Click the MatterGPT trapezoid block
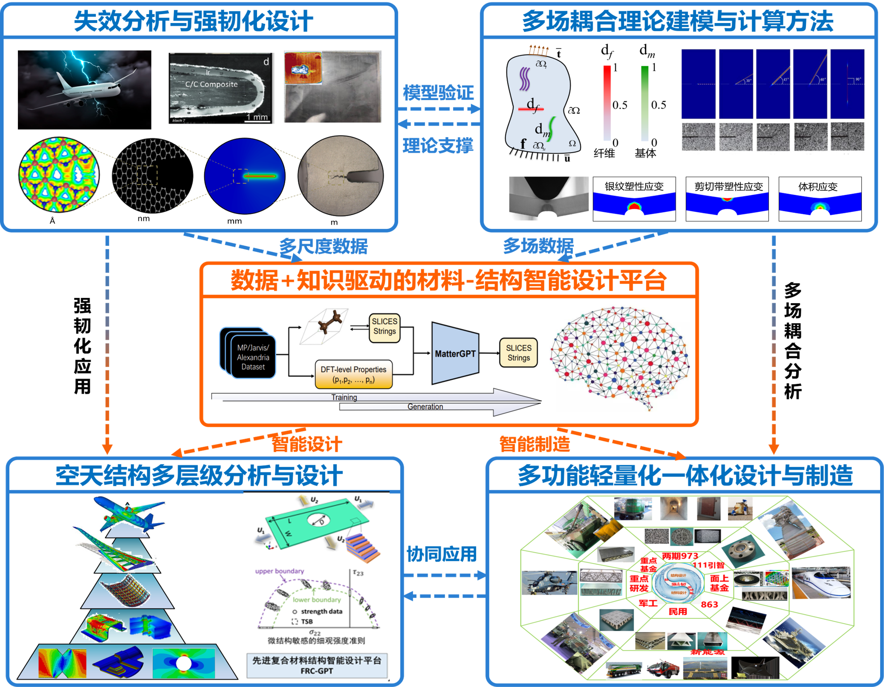pyautogui.click(x=454, y=353)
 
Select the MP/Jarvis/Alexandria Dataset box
pyautogui.click(x=253, y=357)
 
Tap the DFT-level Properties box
pyautogui.click(x=353, y=374)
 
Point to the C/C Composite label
pyautogui.click(x=211, y=85)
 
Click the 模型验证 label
pyautogui.click(x=438, y=93)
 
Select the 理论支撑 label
pyautogui.click(x=438, y=146)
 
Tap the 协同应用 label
pyautogui.click(x=441, y=554)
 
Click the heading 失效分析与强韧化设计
pyautogui.click(x=194, y=21)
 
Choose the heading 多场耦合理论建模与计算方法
pyautogui.click(x=678, y=21)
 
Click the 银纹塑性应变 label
pyautogui.click(x=634, y=187)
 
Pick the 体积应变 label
pyautogui.click(x=818, y=187)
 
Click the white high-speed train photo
pyautogui.click(x=821, y=583)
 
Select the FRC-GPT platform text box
pyautogui.click(x=317, y=665)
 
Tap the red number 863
pyautogui.click(x=709, y=604)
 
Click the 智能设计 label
pyautogui.click(x=307, y=444)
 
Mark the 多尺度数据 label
pyautogui.click(x=323, y=246)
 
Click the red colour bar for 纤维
pyautogui.click(x=607, y=103)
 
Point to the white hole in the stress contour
pyautogui.click(x=183, y=664)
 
